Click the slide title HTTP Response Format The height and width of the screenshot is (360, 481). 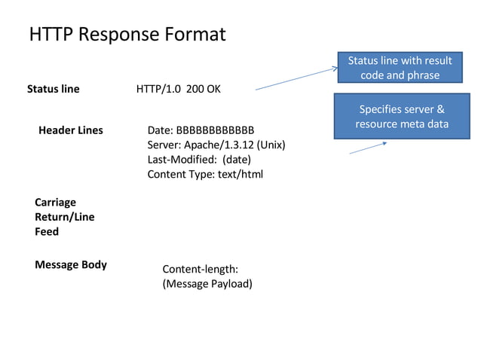[x=127, y=35]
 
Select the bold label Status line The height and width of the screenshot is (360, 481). [x=53, y=89]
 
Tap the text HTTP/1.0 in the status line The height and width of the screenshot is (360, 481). [x=159, y=89]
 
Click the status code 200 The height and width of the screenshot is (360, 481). [x=195, y=89]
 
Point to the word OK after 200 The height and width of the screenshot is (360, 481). [x=213, y=89]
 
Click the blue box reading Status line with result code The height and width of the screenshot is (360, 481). [x=400, y=68]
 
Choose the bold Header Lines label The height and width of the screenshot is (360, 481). [x=71, y=130]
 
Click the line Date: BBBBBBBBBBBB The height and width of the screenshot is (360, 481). [x=201, y=130]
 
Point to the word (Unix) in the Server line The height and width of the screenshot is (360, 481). [x=271, y=145]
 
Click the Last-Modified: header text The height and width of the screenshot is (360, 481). [x=180, y=160]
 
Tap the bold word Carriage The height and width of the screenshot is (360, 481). [x=55, y=203]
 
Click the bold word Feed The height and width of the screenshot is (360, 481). [x=47, y=231]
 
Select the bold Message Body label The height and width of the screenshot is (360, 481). [x=71, y=264]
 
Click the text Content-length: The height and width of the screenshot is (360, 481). [x=200, y=269]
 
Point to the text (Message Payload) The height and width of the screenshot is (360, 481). [x=207, y=283]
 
